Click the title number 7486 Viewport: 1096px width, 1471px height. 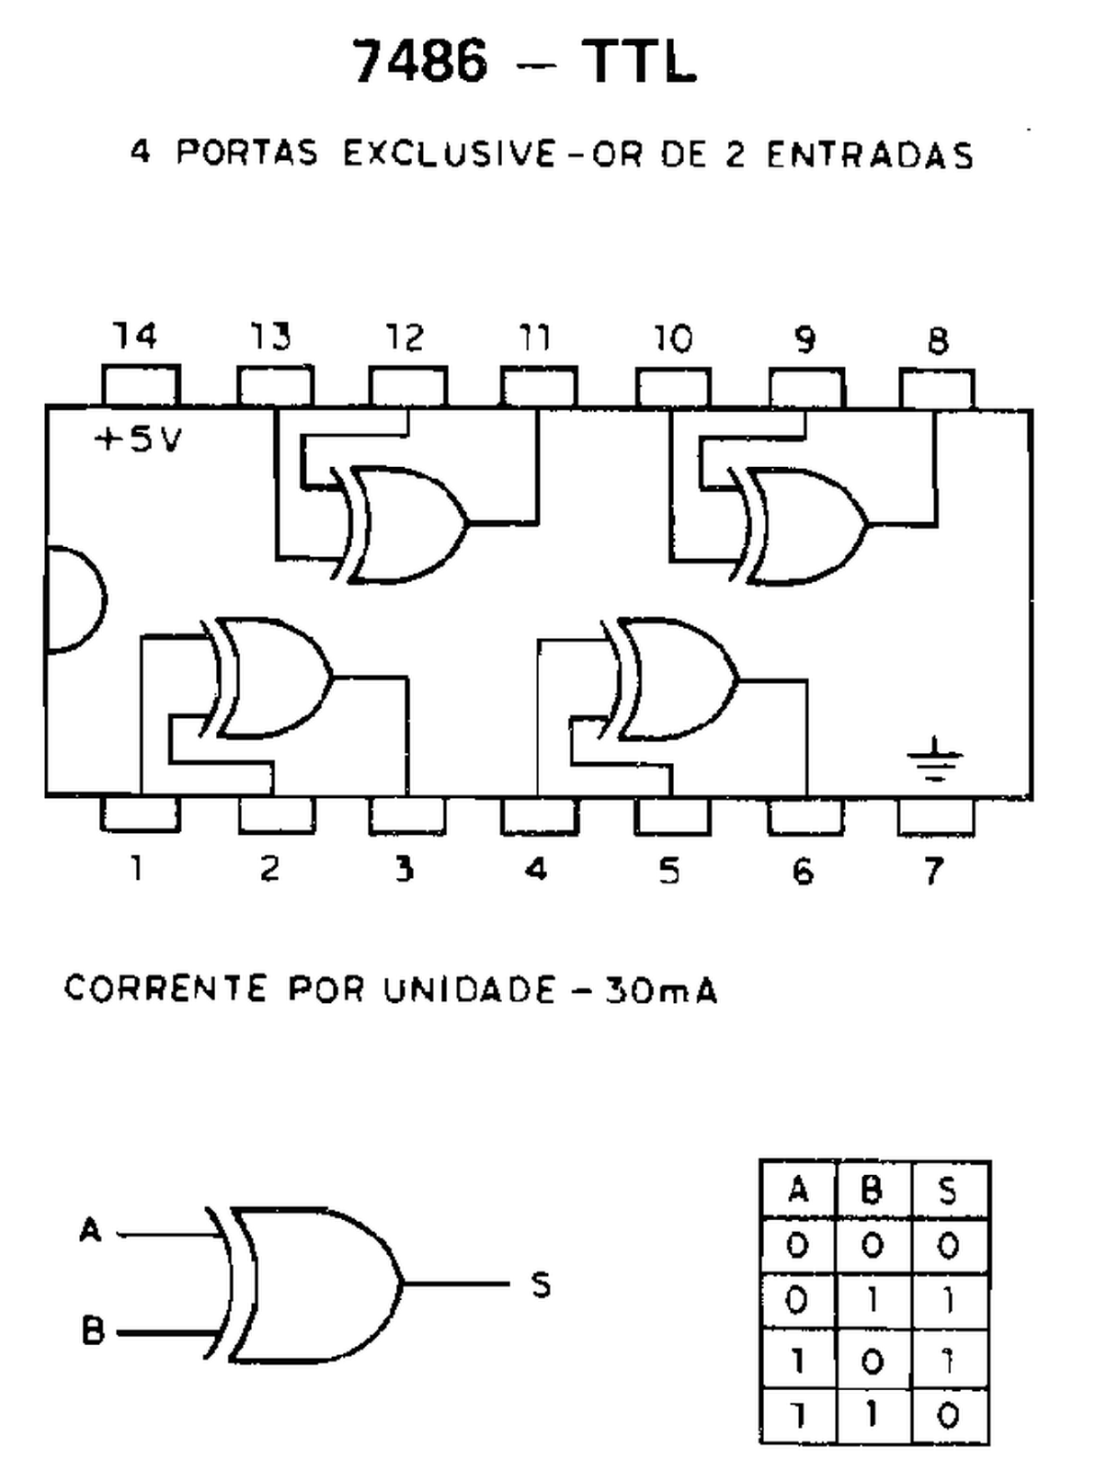(x=419, y=63)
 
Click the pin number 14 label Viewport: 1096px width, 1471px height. (x=135, y=336)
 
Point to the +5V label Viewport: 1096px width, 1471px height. (x=139, y=440)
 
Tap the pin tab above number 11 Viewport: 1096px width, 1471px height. (x=539, y=386)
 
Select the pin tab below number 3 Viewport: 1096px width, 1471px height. (x=406, y=815)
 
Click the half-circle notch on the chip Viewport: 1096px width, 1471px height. (x=74, y=599)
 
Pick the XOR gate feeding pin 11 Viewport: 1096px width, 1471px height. (x=405, y=526)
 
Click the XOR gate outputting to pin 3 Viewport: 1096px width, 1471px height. (x=271, y=678)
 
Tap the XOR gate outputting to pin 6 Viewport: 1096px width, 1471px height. (x=674, y=679)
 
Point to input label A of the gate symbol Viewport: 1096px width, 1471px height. (x=90, y=1230)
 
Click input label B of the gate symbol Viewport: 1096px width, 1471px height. (x=92, y=1331)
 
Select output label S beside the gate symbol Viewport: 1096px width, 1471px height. (x=542, y=1284)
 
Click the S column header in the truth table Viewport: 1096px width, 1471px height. (x=948, y=1192)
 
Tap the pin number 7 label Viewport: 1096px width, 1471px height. (x=934, y=869)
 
